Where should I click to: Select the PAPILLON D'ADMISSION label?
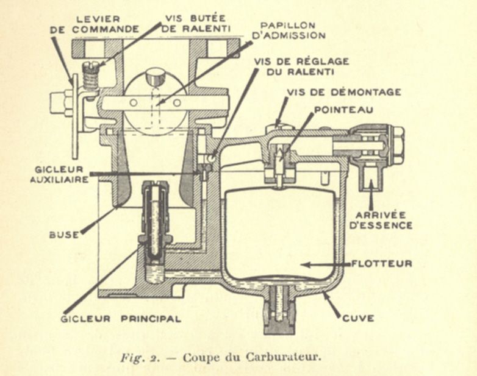tap(292, 30)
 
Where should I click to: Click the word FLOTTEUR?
tap(382, 264)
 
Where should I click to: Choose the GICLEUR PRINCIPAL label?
tap(121, 318)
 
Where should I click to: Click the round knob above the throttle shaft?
tap(157, 77)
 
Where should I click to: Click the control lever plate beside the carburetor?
tap(75, 116)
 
